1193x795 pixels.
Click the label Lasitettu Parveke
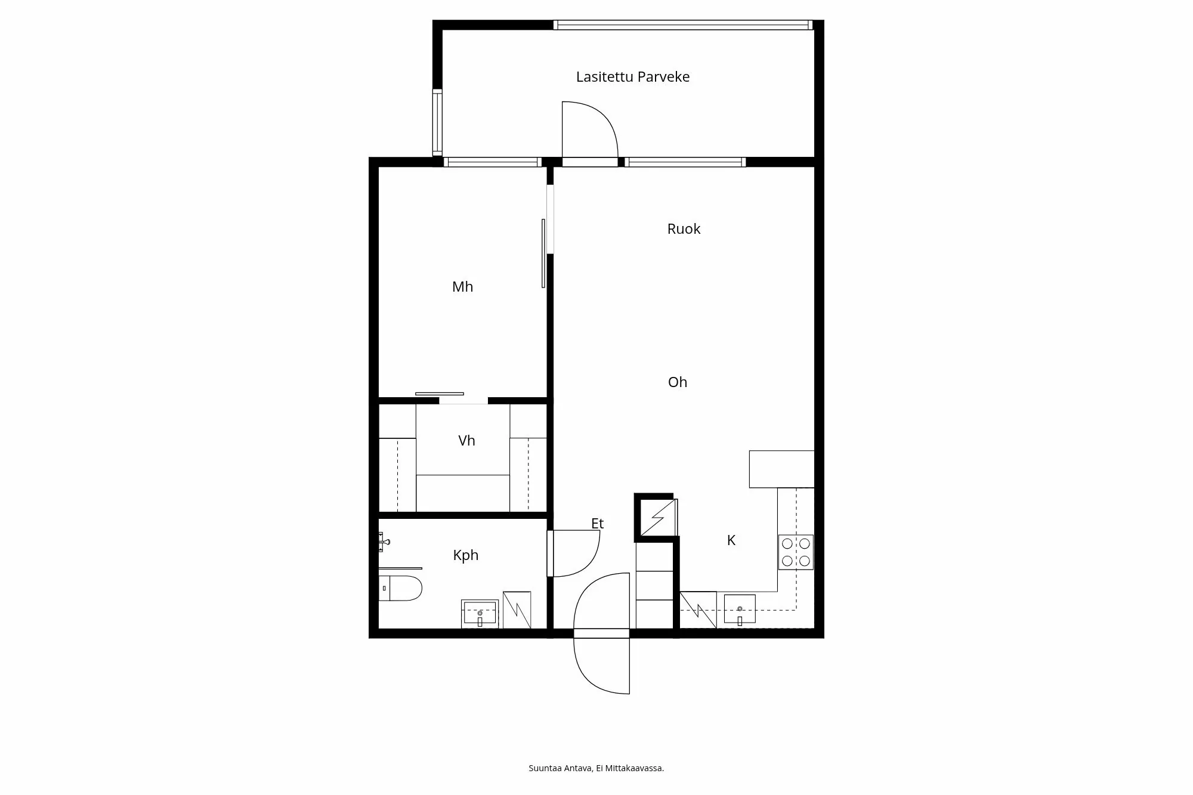pos(632,77)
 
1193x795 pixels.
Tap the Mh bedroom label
pos(462,287)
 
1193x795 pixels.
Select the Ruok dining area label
pos(684,229)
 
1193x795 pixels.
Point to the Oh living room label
pos(677,382)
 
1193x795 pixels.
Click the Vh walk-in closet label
pos(466,441)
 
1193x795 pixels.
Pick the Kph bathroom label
pos(465,555)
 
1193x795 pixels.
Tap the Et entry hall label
pos(597,524)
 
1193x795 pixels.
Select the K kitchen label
pos(731,540)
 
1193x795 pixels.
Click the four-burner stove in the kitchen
pos(796,552)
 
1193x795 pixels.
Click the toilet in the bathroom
pos(401,588)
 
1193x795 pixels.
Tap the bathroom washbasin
pos(480,614)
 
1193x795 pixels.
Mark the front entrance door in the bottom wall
pos(601,633)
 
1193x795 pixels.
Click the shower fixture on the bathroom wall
pos(383,542)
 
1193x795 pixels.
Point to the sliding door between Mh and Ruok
pos(543,253)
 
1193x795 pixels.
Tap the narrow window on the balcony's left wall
pos(437,122)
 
